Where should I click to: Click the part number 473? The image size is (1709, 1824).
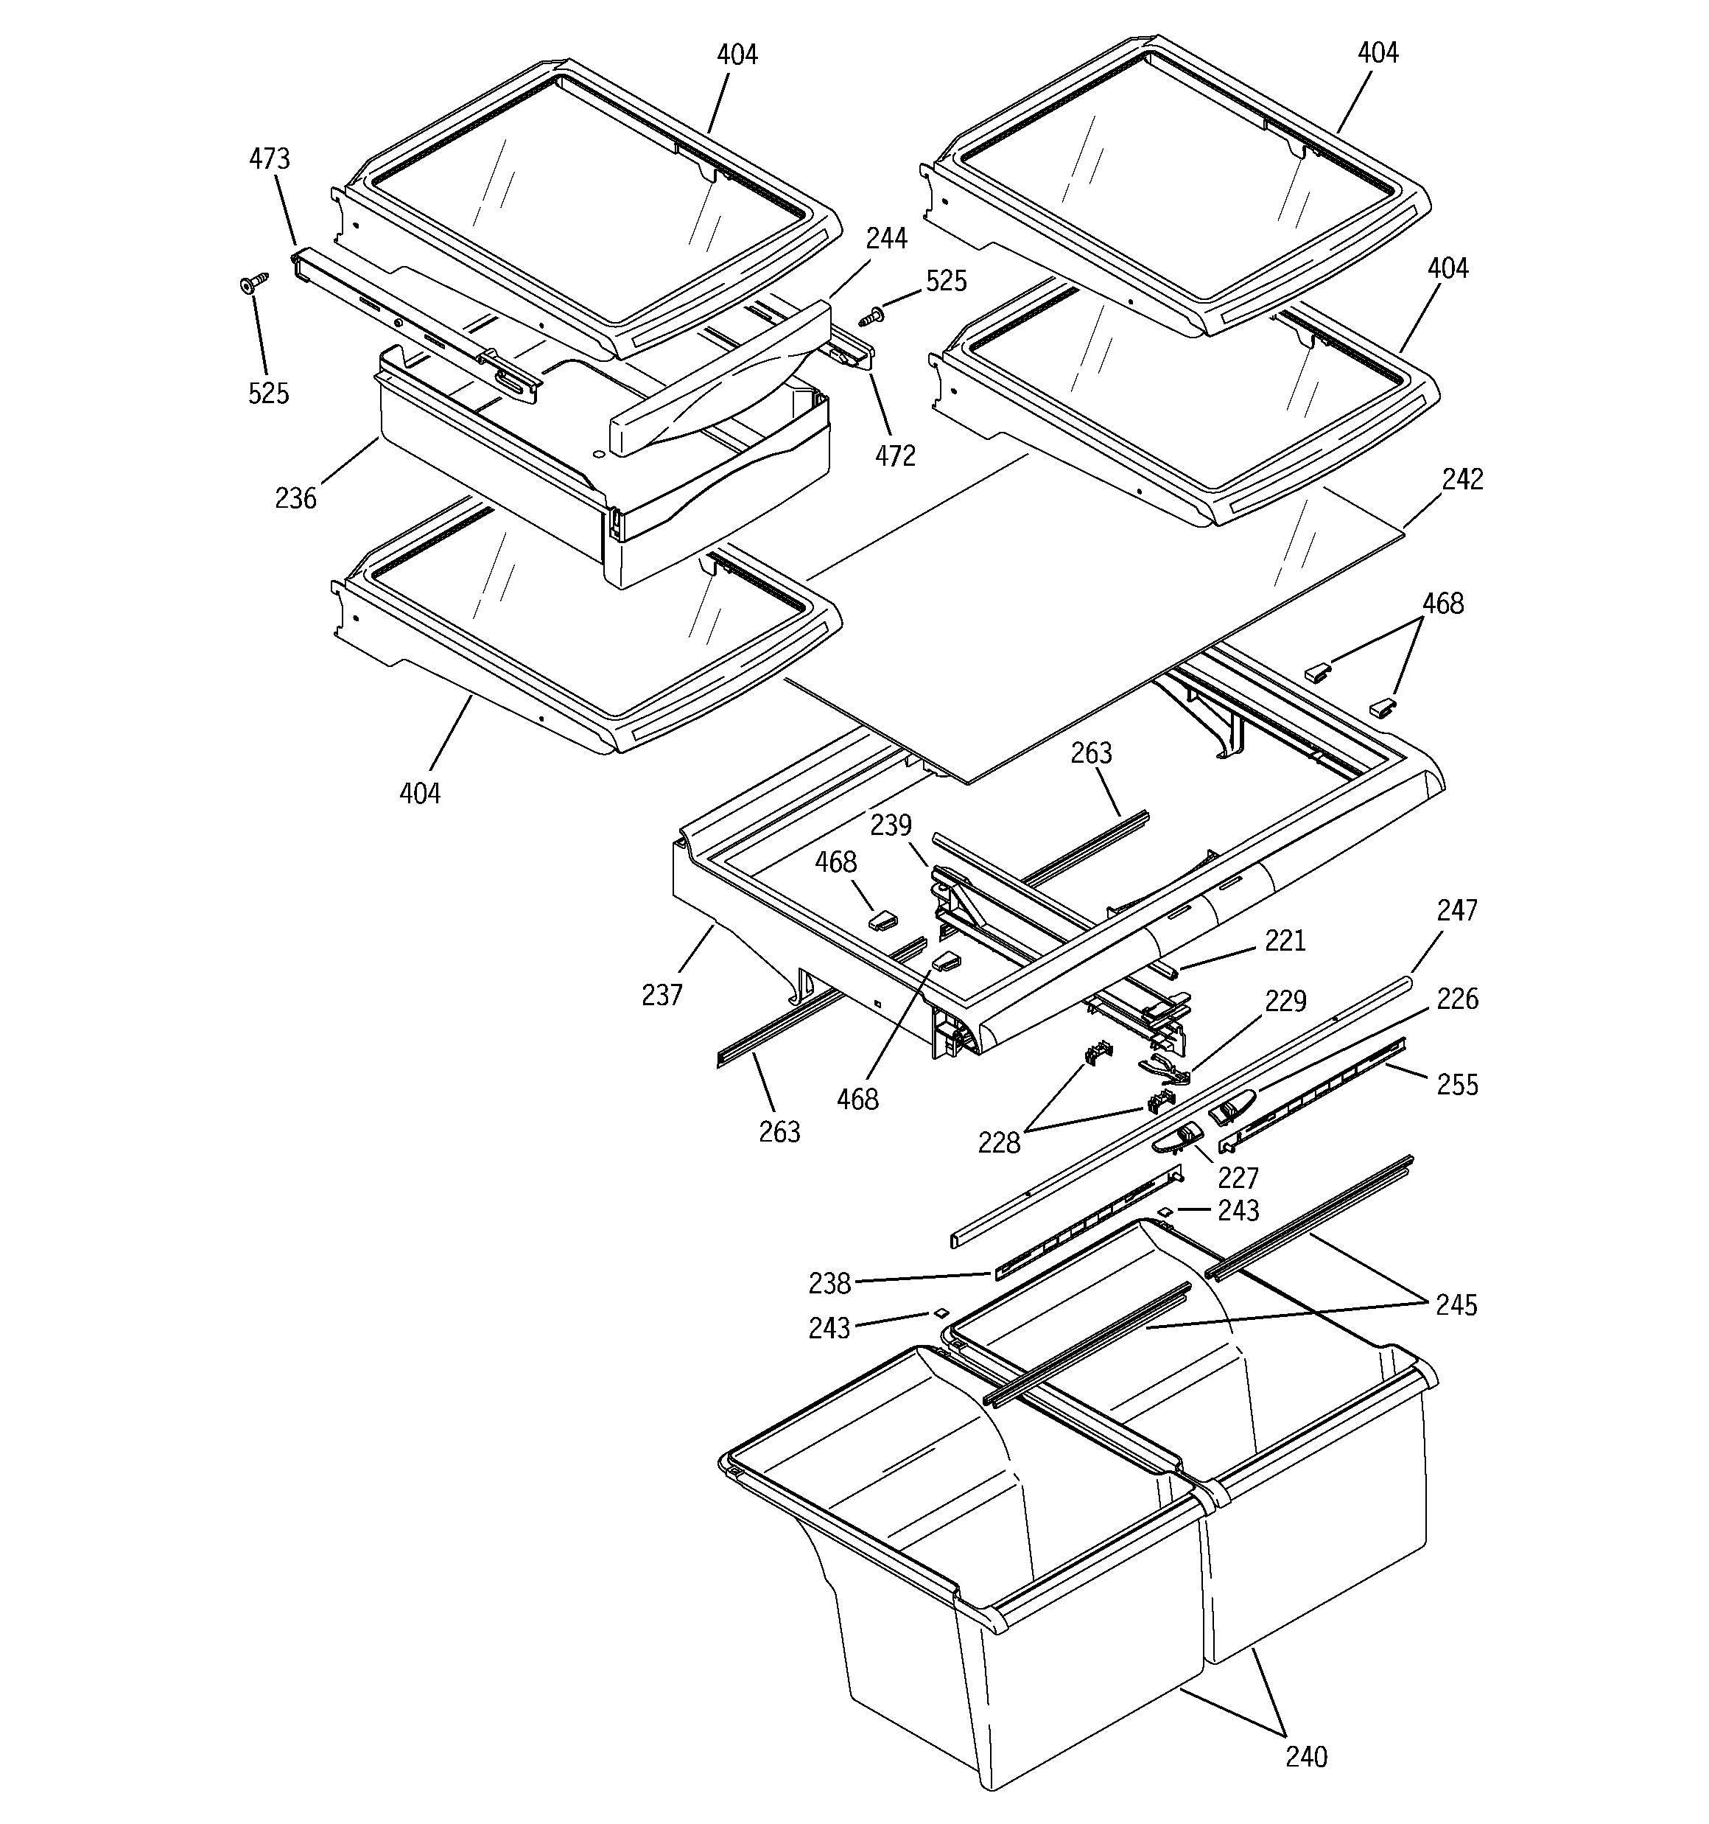(269, 158)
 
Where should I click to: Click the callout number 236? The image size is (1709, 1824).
(295, 498)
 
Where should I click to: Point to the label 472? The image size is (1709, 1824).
(894, 455)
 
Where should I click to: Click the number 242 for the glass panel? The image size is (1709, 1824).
(1462, 479)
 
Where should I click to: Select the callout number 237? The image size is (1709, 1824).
(662, 995)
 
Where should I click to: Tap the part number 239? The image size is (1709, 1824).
(891, 825)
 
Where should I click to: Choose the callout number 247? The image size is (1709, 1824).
(1457, 910)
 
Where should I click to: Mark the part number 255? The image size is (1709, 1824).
(1458, 1085)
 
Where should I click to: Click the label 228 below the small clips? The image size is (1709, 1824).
(999, 1142)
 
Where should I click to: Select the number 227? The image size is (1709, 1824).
(1238, 1177)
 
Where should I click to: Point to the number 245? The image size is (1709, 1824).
(1457, 1304)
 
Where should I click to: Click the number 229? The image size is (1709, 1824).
(1285, 1000)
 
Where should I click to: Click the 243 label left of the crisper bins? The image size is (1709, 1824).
(829, 1327)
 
